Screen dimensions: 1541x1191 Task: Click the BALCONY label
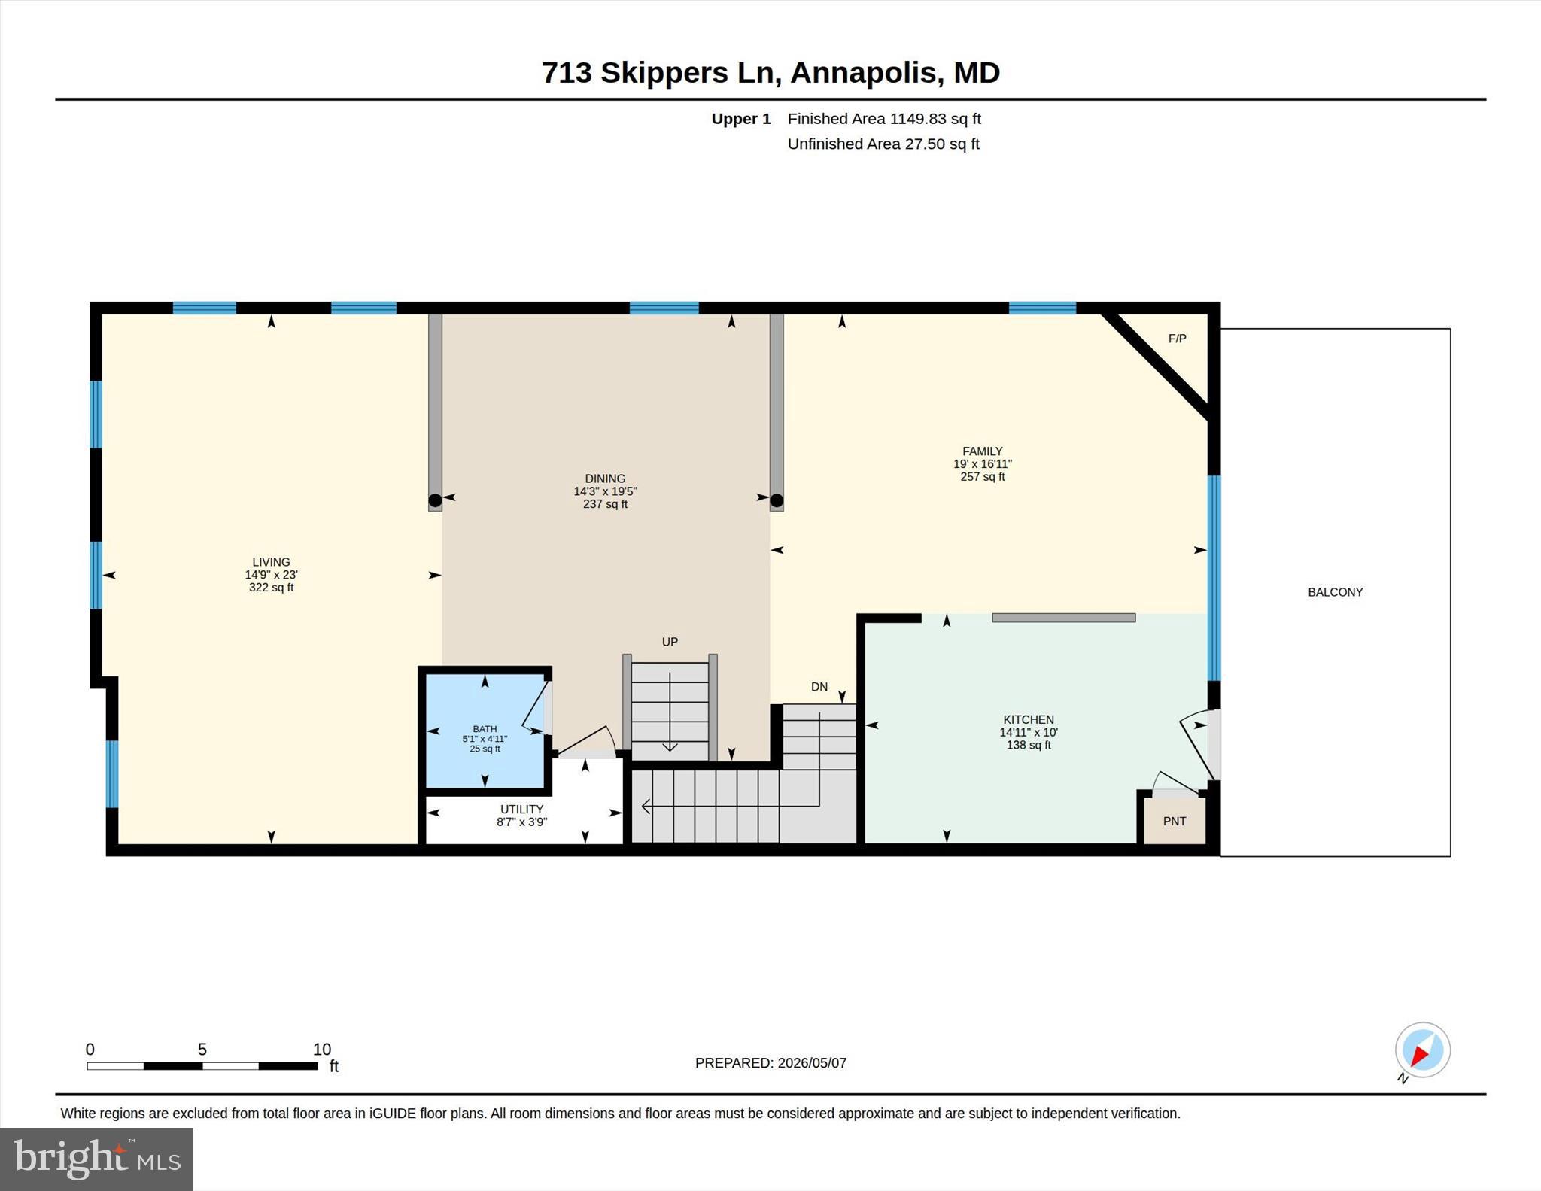pos(1335,592)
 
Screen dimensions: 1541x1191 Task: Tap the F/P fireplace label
pos(1177,339)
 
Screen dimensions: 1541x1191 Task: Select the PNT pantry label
pos(1174,821)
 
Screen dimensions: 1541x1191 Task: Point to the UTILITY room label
pos(521,810)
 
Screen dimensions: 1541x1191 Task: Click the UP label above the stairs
pos(670,642)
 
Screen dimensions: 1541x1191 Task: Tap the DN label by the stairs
pos(819,687)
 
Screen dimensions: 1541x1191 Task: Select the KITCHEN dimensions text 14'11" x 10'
pos(1029,732)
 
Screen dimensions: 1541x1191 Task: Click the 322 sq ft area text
pos(271,588)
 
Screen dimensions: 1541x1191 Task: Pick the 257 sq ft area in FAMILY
pos(983,477)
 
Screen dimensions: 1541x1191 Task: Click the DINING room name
pos(605,479)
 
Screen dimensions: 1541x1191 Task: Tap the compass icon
pos(1422,1050)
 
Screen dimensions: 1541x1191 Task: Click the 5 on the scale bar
pos(202,1050)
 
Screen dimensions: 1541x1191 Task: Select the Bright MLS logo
pos(96,1159)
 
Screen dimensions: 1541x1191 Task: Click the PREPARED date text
pos(770,1063)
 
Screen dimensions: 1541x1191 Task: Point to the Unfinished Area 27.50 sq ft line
pos(883,144)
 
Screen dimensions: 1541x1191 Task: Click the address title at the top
pos(770,73)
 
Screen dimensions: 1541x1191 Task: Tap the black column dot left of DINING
pos(435,500)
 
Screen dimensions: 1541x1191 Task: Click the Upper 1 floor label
pos(741,119)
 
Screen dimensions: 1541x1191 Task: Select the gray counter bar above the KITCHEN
pos(1063,618)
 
